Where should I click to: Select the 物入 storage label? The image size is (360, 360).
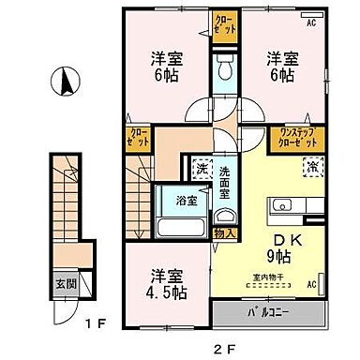223,232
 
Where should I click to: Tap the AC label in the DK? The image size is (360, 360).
311,283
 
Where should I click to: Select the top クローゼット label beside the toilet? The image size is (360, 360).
225,22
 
